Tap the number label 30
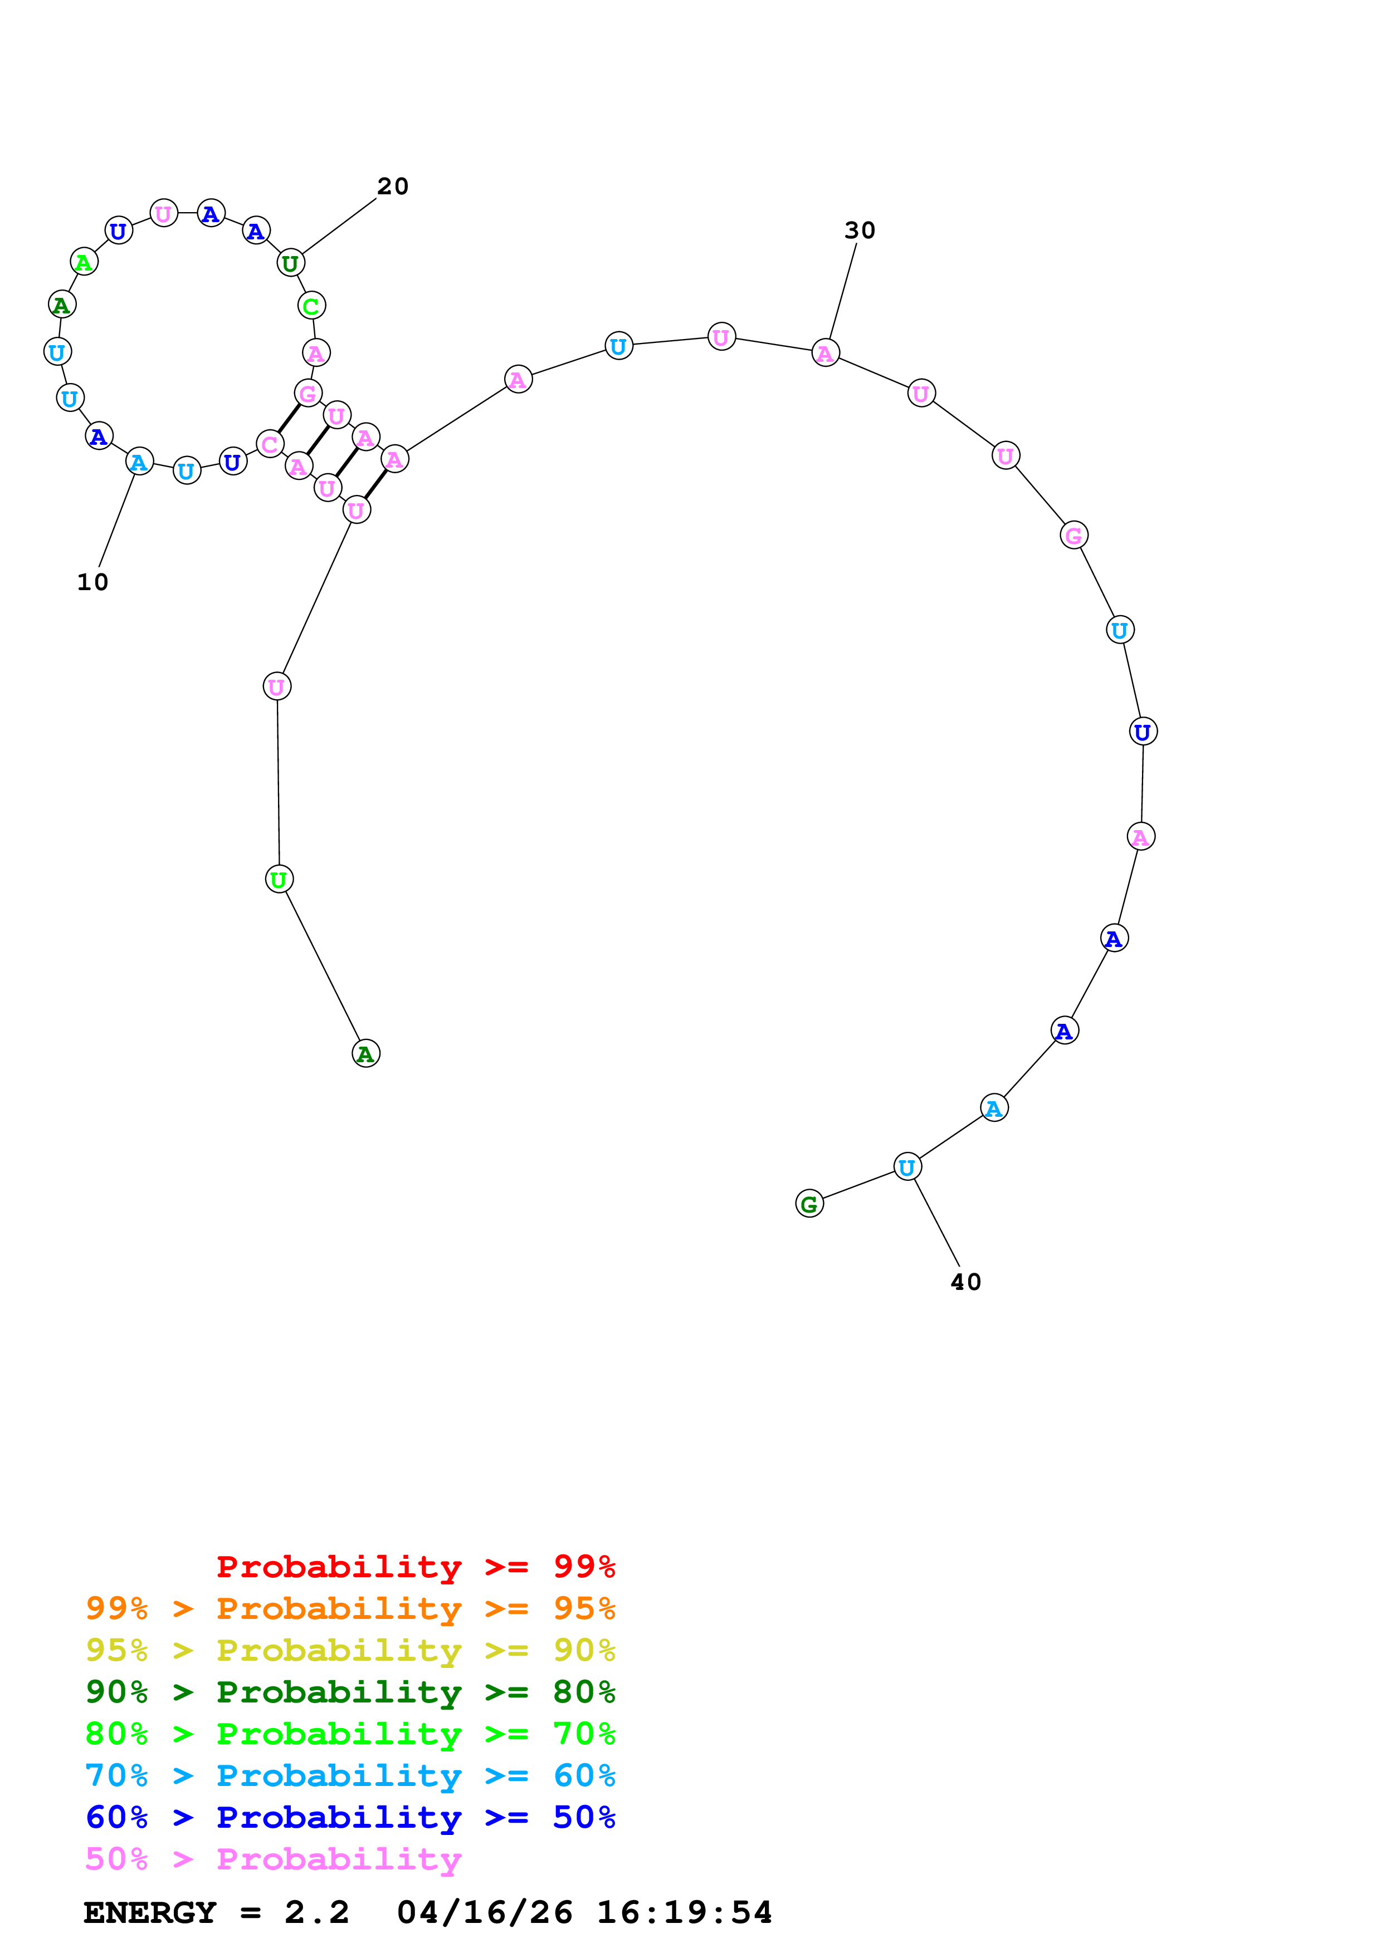860,230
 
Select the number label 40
966,1282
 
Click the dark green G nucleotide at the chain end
809,1204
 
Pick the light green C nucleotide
311,306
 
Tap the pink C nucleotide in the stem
270,444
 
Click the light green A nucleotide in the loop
84,262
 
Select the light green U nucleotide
279,880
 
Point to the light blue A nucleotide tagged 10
139,462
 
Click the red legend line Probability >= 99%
415,1567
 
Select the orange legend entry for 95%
350,1608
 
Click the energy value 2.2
316,1913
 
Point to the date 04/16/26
484,1913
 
